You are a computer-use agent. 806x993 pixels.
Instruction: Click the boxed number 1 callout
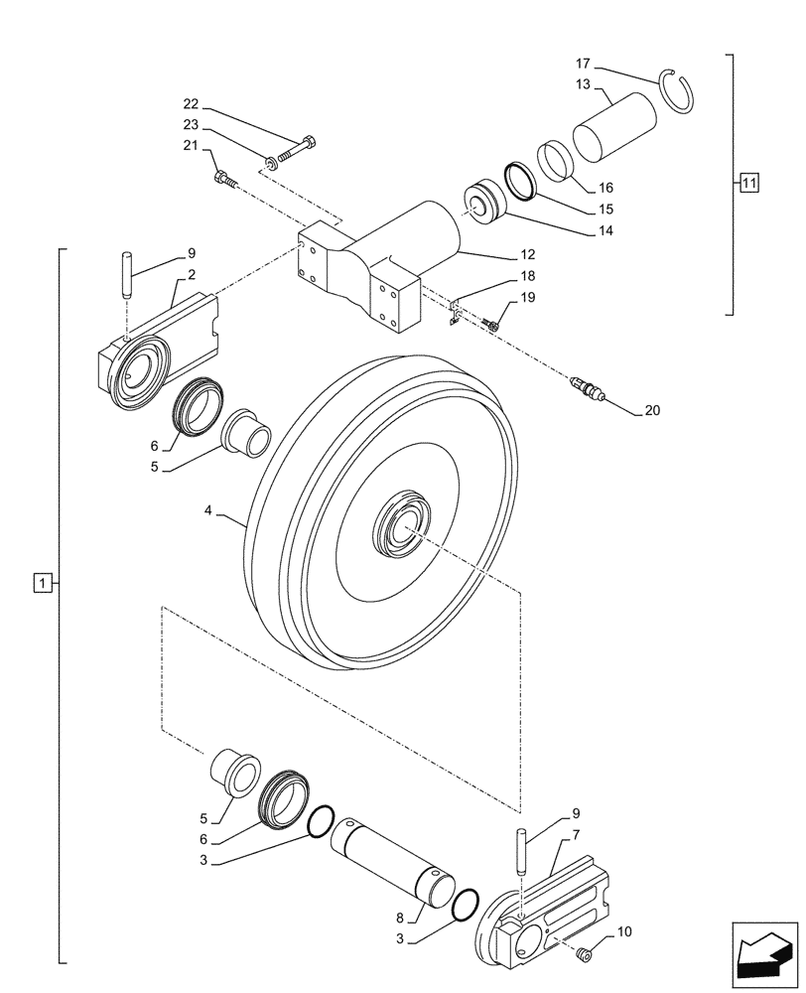coord(40,582)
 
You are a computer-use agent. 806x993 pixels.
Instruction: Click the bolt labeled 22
coord(296,149)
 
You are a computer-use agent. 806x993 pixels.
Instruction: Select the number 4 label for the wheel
coord(208,510)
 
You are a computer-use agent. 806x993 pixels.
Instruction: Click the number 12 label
coord(527,254)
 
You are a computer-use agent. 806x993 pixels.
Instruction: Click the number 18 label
coord(527,277)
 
